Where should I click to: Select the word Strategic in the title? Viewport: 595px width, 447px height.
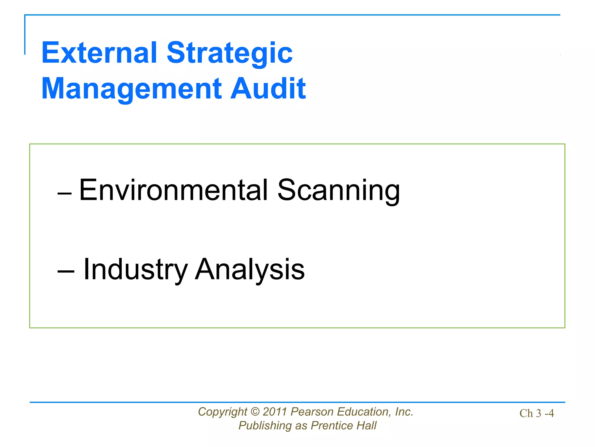coord(230,53)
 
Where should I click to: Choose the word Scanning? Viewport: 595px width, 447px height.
coord(339,191)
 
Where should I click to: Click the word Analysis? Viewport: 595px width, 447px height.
coord(250,270)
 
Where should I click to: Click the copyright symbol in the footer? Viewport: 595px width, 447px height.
coord(255,412)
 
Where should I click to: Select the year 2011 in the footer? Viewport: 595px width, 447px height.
coord(275,412)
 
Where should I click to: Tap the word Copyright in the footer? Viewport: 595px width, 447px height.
coord(223,412)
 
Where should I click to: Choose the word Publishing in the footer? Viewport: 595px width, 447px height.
coord(265,426)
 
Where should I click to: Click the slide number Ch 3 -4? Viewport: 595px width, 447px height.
coord(537,413)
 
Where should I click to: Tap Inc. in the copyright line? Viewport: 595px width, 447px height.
coord(404,412)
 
